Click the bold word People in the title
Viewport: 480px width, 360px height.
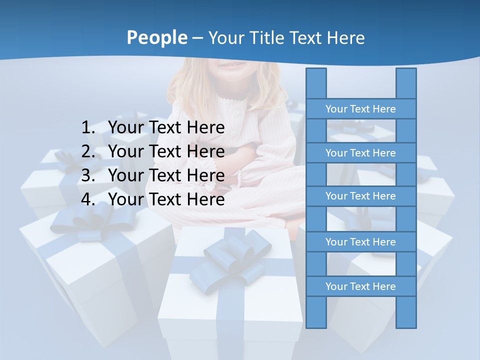pos(156,37)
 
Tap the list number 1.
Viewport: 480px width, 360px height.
pos(88,128)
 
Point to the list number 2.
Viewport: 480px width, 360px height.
pos(88,151)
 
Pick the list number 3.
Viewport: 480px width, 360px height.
pos(88,175)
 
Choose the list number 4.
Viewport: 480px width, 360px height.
pos(88,199)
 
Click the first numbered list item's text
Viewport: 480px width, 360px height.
pos(166,128)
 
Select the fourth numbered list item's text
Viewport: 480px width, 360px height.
pos(166,199)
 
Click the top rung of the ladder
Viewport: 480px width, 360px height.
pos(360,109)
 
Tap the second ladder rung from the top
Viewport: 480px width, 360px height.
pos(360,153)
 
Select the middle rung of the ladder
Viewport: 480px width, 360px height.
pos(360,196)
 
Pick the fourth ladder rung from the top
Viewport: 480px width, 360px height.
pos(360,242)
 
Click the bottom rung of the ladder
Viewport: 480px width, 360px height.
pos(360,286)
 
